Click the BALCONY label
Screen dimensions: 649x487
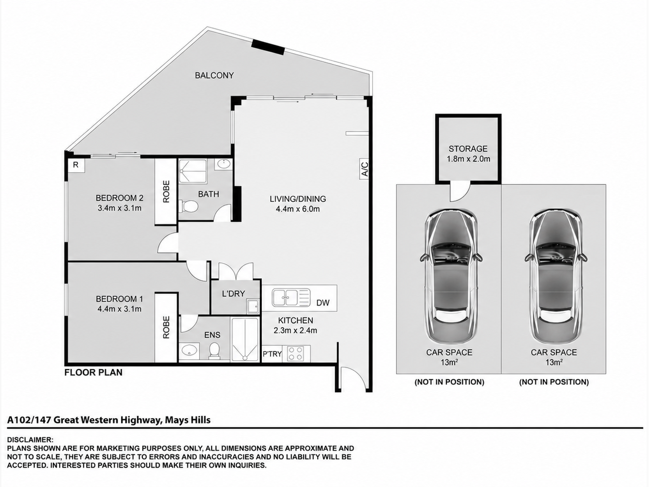(214, 75)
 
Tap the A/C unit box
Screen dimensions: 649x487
(364, 169)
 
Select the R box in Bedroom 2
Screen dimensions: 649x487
(76, 165)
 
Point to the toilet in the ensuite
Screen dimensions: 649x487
(214, 351)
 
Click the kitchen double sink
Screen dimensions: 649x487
(291, 297)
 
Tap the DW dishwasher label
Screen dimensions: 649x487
(323, 303)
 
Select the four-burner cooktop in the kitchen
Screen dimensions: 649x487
(295, 353)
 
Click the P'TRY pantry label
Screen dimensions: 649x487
(272, 354)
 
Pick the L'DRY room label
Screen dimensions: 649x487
(233, 294)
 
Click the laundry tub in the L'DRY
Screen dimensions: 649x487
(253, 306)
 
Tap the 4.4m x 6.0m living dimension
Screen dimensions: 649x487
(298, 209)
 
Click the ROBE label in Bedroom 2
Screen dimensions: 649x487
(166, 192)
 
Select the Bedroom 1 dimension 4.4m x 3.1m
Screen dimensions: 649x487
(119, 309)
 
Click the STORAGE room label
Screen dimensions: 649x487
(468, 149)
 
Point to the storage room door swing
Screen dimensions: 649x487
(460, 192)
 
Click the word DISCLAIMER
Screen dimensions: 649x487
(30, 440)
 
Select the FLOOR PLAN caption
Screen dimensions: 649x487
(93, 373)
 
